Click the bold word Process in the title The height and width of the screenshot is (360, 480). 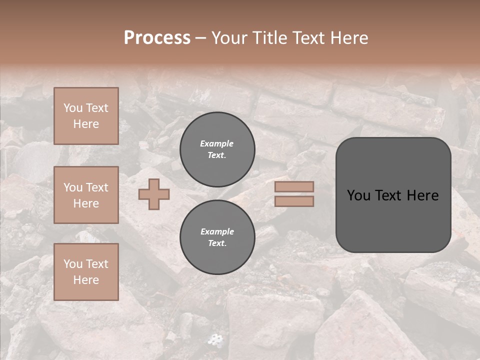[157, 38]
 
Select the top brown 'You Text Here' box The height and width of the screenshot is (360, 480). [86, 116]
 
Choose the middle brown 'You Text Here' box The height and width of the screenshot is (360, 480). [86, 195]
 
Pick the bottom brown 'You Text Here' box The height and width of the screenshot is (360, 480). [86, 272]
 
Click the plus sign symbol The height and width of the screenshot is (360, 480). [154, 194]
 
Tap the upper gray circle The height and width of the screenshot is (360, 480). [217, 149]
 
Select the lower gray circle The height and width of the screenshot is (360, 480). [217, 237]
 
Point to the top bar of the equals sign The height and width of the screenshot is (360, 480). [294, 187]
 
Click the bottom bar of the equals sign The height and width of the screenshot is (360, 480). [294, 201]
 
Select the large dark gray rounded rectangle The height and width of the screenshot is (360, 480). [393, 195]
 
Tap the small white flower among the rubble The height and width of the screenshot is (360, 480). [215, 340]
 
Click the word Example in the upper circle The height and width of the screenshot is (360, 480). [216, 143]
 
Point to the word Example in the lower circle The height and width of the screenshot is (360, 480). [217, 231]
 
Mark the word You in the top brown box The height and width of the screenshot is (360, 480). [72, 108]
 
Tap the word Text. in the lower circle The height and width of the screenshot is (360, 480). [217, 243]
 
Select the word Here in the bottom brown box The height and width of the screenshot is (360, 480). [86, 280]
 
